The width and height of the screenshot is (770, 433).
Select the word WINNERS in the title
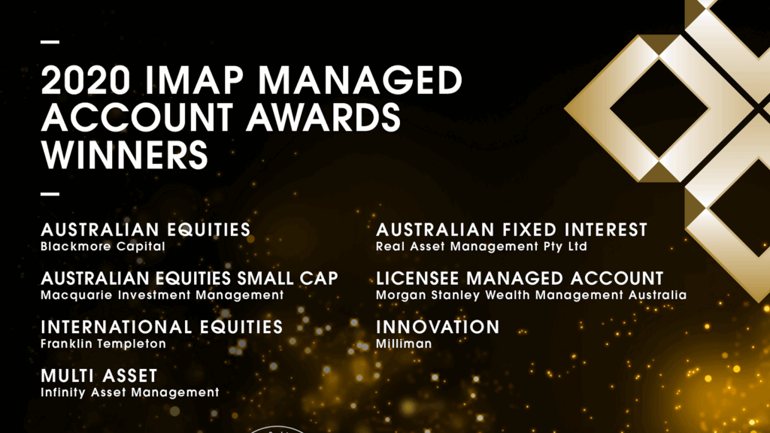click(124, 154)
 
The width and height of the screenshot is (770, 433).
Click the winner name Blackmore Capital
click(103, 246)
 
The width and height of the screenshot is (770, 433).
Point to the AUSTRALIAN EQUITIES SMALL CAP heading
click(189, 278)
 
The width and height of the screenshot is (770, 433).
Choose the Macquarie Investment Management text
click(162, 295)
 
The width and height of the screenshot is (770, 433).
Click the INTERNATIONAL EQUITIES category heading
click(162, 327)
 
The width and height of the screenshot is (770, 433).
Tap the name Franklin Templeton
click(104, 344)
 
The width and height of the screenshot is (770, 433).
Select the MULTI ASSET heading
click(99, 375)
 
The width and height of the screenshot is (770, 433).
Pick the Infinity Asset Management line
click(130, 392)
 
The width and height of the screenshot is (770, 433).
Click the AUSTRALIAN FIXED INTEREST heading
click(511, 230)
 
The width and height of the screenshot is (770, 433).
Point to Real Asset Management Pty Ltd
click(481, 246)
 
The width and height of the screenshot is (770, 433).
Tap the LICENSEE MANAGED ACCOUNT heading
click(520, 278)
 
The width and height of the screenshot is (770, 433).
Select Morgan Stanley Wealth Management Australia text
click(531, 295)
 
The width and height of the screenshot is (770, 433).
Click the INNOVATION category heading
click(438, 327)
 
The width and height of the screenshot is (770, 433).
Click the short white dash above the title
click(50, 41)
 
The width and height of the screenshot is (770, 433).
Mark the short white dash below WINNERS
click(50, 193)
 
